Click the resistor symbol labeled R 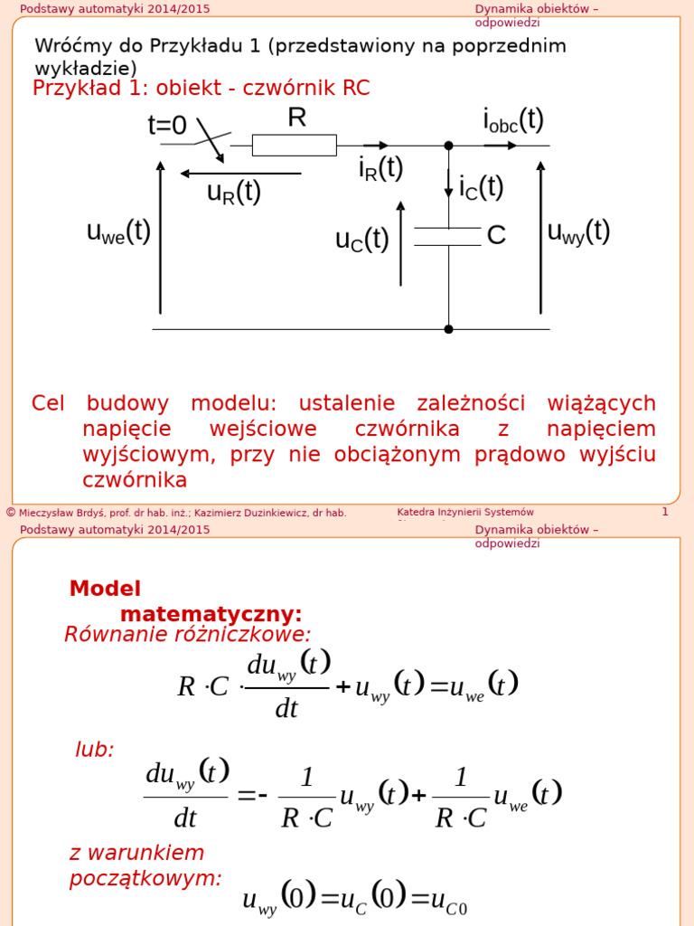[x=294, y=145]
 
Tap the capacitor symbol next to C [x=447, y=236]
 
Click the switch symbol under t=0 [x=211, y=142]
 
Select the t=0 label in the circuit [x=167, y=125]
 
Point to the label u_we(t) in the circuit [x=118, y=231]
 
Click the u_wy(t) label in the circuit [x=579, y=231]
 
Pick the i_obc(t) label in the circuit [x=513, y=119]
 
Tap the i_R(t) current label [x=380, y=168]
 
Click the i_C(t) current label [x=481, y=187]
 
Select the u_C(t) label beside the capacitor [x=361, y=240]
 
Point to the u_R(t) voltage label [x=234, y=192]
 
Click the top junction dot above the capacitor [x=448, y=145]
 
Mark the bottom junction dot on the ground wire [x=448, y=329]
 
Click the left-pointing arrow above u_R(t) [x=240, y=173]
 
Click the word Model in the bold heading [x=105, y=589]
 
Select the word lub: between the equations [x=94, y=750]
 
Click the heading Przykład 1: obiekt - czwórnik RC [x=201, y=89]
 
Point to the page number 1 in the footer [x=665, y=512]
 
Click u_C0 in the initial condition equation [x=449, y=901]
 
